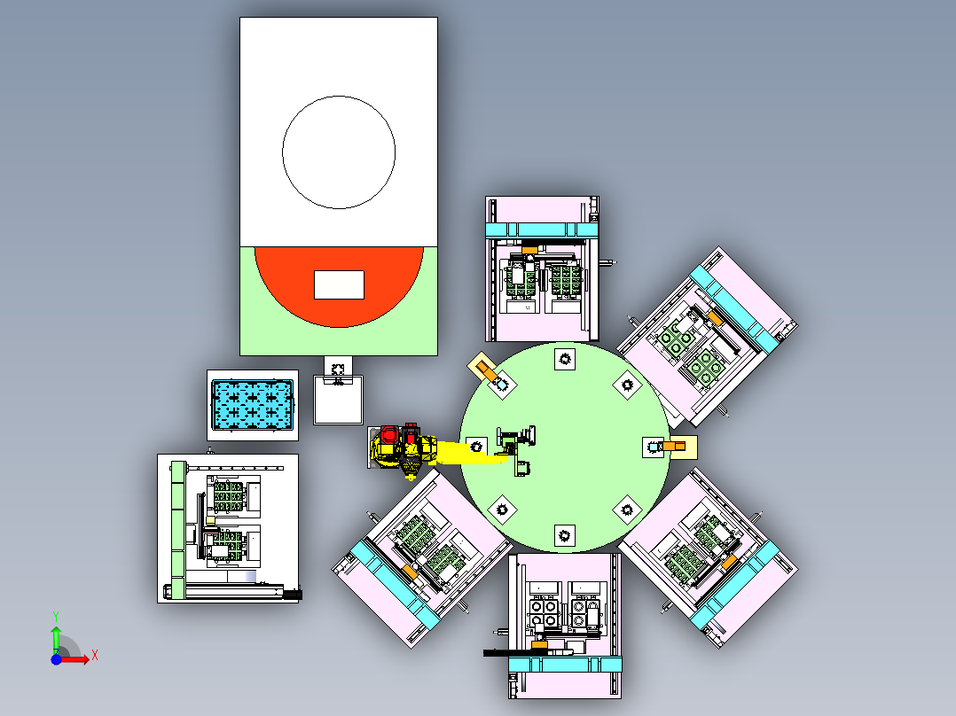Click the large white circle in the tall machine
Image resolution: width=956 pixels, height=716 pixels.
tap(339, 96)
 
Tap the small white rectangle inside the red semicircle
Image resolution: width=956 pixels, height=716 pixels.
tap(339, 284)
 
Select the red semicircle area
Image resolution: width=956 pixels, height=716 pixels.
tap(339, 311)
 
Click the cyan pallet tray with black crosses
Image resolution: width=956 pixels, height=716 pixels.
tap(253, 404)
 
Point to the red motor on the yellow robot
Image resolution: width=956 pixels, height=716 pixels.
tap(389, 436)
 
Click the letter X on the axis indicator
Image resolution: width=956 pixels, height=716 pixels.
tap(95, 656)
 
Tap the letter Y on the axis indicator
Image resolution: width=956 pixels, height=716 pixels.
tap(56, 617)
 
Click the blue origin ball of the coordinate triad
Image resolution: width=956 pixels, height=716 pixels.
tap(56, 659)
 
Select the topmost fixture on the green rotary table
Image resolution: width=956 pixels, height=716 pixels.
tap(565, 359)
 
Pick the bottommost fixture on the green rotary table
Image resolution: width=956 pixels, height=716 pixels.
tap(565, 535)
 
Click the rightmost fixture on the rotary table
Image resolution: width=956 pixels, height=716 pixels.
tap(653, 447)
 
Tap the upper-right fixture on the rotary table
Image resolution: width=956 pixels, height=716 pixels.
tap(627, 385)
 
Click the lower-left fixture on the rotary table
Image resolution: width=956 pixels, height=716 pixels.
tap(502, 510)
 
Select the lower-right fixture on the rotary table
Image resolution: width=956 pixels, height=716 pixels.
tap(627, 510)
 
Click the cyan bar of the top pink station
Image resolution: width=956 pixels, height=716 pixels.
tap(542, 230)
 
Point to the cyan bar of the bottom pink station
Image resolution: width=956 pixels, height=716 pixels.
tap(565, 665)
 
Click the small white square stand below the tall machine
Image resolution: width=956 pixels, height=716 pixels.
tap(338, 400)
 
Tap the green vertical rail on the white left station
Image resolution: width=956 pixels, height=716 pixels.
tap(178, 530)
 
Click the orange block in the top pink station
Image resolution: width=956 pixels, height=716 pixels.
tap(529, 250)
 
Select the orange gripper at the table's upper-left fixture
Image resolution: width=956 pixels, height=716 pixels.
tap(486, 370)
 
